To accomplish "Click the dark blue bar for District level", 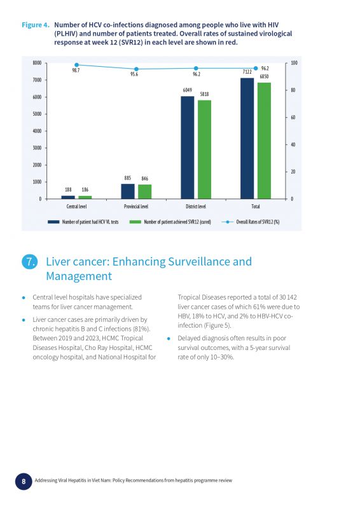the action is tap(187, 148).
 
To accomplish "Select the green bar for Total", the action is tap(264, 141).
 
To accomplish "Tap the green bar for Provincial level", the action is tap(144, 192).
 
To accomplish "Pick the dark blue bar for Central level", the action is tap(68, 197).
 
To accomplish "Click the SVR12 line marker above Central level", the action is tap(76, 65).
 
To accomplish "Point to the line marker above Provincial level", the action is tap(136, 69).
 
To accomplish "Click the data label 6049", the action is tap(187, 90).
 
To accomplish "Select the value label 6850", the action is tap(264, 76).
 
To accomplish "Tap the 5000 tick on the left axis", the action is tap(37, 114).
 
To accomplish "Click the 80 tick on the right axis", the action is tap(293, 90).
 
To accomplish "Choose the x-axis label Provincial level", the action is tap(136, 206).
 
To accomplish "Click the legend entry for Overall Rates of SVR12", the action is tap(251, 222).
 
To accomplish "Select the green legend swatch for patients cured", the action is tap(135, 222).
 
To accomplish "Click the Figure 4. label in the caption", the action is tap(36, 25).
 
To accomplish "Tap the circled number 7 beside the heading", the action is tap(30, 262).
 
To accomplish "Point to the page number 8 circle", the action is tap(24, 481).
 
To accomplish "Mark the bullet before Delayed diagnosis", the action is tap(169, 338).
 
